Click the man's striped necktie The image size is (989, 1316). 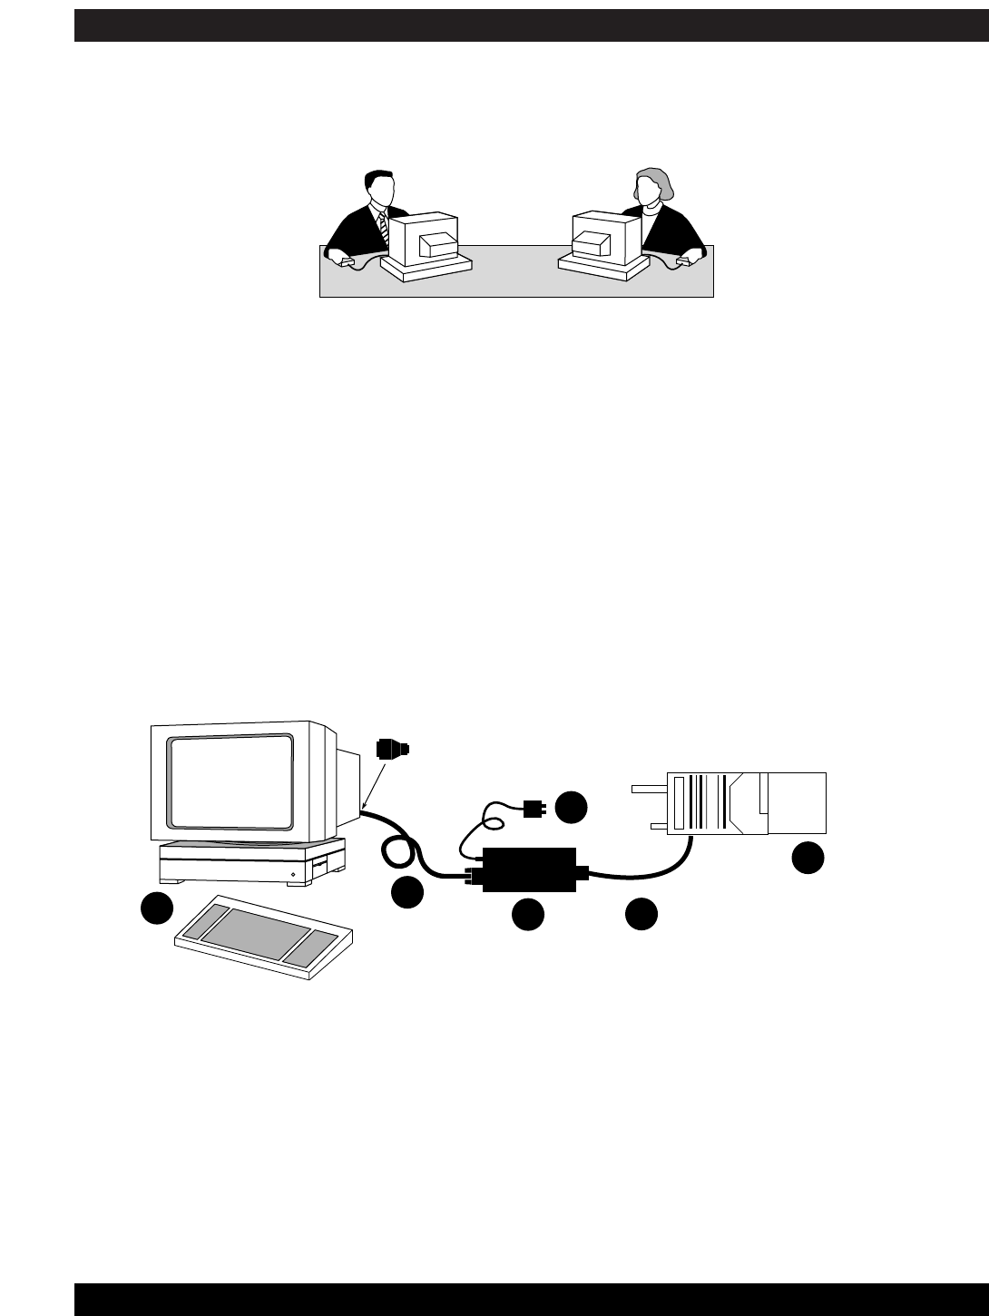click(383, 227)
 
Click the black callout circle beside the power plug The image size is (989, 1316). click(572, 806)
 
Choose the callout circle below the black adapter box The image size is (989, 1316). click(527, 915)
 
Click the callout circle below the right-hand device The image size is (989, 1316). click(808, 859)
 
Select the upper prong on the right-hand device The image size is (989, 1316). click(648, 788)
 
